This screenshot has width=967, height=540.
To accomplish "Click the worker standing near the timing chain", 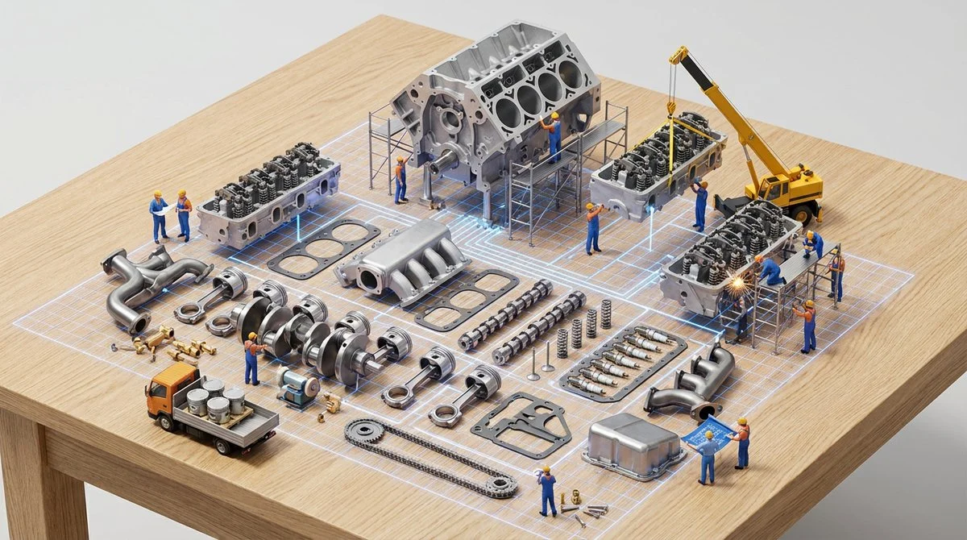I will (547, 490).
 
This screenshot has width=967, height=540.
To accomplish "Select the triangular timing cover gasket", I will (521, 423).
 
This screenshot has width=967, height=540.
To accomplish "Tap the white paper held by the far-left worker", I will (166, 209).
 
